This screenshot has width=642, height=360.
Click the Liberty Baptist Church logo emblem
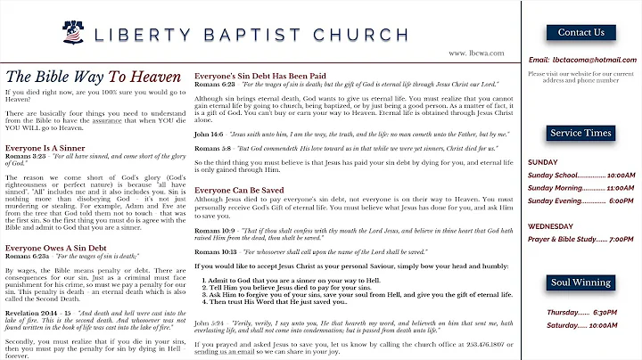coord(74,33)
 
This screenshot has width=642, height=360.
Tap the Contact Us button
coord(580,33)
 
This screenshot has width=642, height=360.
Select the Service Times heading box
coord(580,133)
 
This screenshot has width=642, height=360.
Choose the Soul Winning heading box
coord(580,283)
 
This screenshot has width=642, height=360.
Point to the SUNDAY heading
coord(543,163)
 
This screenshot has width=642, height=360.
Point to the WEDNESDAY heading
coord(550,226)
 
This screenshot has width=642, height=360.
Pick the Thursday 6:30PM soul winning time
coord(582,312)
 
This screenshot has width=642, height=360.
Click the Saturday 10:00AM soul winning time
coord(582,325)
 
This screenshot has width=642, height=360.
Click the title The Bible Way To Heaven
coord(94,77)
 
